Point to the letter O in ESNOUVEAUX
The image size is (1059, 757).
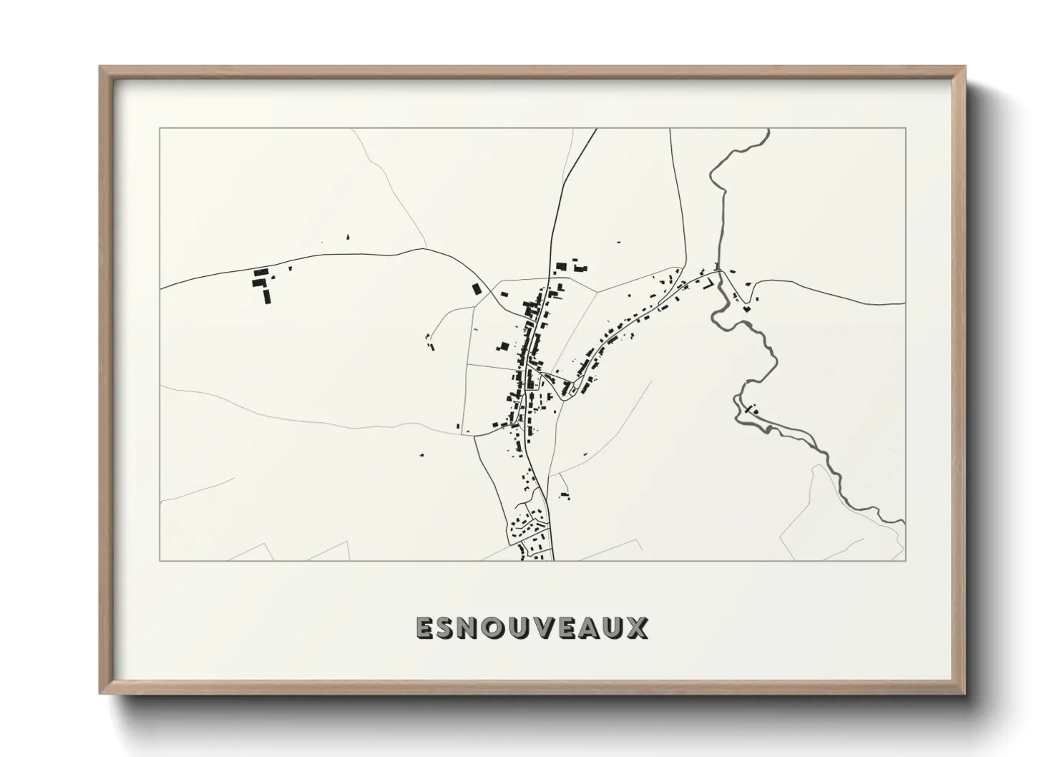click(499, 628)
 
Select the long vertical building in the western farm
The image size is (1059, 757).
click(268, 296)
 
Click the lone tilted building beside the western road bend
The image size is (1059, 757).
click(477, 288)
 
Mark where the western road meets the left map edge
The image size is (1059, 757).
click(161, 288)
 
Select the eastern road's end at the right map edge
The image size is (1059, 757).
click(904, 303)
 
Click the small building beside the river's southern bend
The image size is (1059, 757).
click(750, 410)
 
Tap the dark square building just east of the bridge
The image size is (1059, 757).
click(746, 309)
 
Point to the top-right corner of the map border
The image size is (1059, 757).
click(905, 128)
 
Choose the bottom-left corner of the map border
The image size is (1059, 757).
click(160, 560)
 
